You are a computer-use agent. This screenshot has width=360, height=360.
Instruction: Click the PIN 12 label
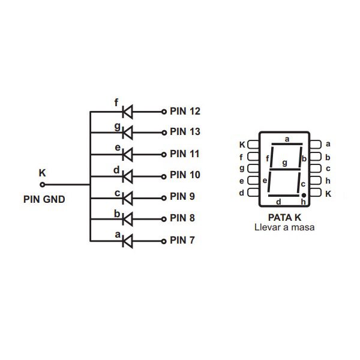tap(185, 111)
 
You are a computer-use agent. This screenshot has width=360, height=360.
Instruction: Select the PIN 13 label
tap(185, 131)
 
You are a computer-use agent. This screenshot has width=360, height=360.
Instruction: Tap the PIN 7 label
tap(182, 241)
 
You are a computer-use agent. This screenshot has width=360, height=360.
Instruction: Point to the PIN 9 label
tap(182, 197)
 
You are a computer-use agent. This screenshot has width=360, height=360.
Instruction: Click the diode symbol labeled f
tap(127, 111)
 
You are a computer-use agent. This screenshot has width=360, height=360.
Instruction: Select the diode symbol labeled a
tap(127, 241)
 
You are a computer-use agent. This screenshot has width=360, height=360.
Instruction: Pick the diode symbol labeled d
tap(127, 176)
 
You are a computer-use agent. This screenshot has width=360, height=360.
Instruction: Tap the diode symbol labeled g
tap(127, 132)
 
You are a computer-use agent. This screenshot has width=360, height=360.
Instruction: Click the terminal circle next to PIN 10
tap(163, 176)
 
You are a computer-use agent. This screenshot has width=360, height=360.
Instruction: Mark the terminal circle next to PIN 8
tap(163, 219)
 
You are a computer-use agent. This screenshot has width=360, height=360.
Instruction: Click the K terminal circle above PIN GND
tap(42, 185)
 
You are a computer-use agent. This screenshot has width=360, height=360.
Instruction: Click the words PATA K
tap(284, 217)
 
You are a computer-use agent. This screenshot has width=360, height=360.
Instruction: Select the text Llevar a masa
tap(284, 228)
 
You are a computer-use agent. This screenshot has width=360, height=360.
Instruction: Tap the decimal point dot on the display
tap(304, 196)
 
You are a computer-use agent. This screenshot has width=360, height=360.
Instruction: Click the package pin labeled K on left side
tap(253, 145)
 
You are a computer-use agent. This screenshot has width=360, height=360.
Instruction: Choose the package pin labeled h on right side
tap(316, 181)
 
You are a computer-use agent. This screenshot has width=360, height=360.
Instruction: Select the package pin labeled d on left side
tap(253, 193)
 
